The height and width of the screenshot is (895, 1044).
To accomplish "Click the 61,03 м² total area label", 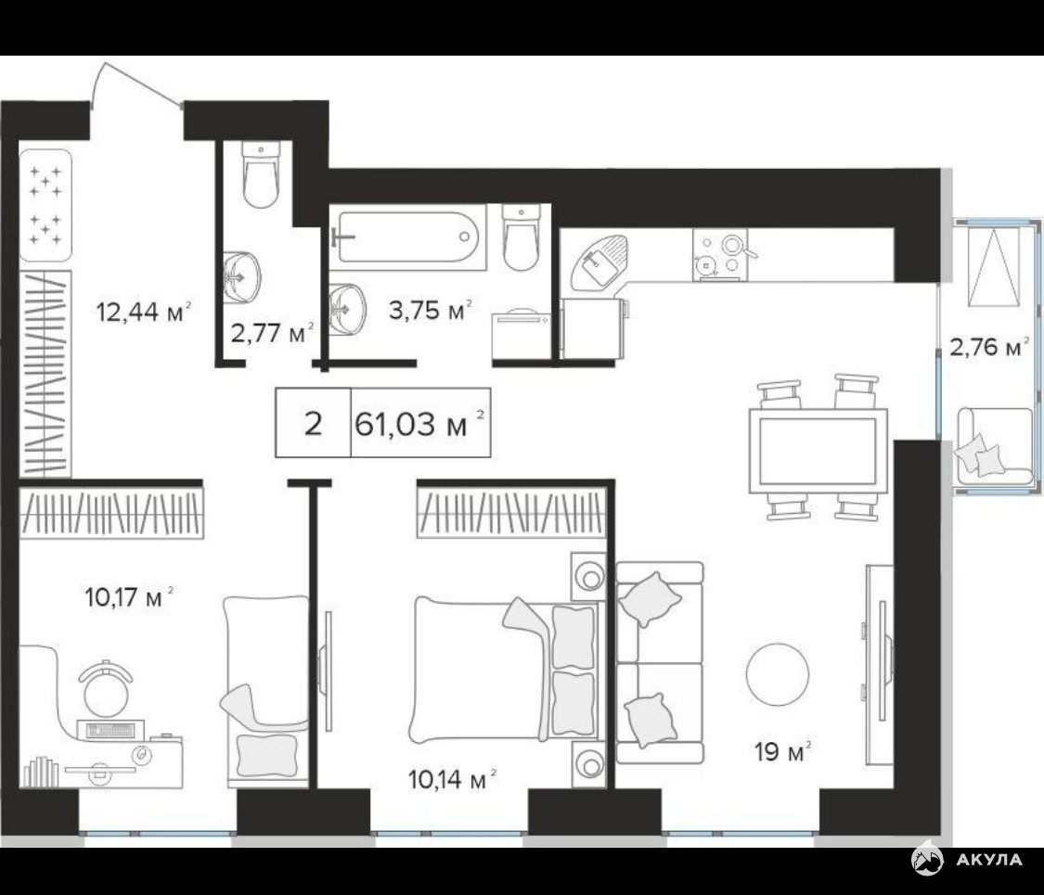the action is click(x=420, y=423).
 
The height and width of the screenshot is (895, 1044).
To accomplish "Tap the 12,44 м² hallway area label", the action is click(x=144, y=311).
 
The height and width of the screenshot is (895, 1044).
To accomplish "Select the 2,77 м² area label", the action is click(x=272, y=332).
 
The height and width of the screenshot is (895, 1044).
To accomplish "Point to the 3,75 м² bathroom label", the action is click(x=430, y=310).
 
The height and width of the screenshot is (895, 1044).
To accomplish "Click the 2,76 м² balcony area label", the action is click(x=988, y=347).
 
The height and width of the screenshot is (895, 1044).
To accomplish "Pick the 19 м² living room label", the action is click(x=782, y=752).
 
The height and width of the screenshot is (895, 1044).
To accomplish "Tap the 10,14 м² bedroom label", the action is click(x=452, y=778).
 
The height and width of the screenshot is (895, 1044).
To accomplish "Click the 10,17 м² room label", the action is click(x=129, y=597).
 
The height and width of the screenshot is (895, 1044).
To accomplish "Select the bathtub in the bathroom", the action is click(x=407, y=237).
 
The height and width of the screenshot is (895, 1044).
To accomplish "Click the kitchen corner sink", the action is click(x=597, y=262).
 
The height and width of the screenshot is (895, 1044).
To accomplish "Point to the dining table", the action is click(x=818, y=451).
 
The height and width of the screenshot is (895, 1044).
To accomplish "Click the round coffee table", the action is click(x=777, y=673).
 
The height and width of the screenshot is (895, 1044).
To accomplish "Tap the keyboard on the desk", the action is click(x=110, y=730).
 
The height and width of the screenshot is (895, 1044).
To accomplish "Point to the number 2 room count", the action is click(x=312, y=423).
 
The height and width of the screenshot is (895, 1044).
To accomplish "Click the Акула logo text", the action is click(x=988, y=859).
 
